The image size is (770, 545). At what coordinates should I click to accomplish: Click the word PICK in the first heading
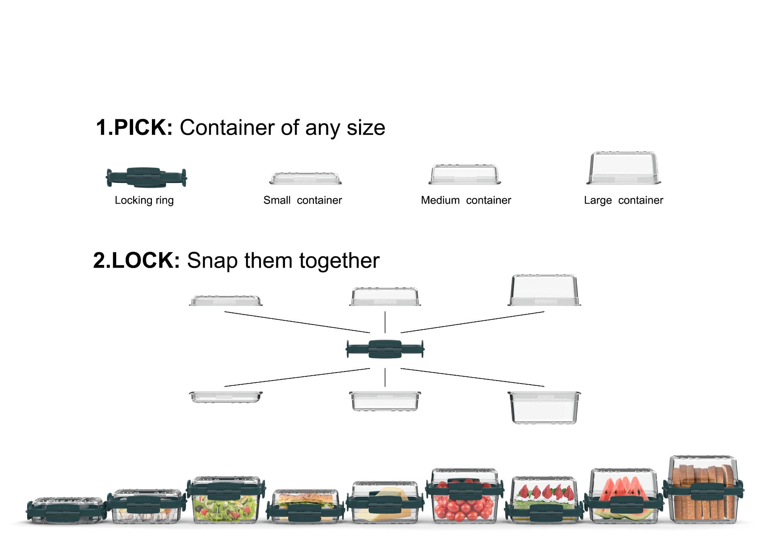[142, 128]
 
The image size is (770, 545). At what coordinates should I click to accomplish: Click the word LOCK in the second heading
[145, 260]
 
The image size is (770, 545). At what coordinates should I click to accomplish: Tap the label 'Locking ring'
[144, 200]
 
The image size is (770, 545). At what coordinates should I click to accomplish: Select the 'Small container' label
[302, 200]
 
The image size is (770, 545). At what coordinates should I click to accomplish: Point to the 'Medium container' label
[466, 200]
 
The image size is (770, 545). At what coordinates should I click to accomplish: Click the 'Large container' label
[623, 200]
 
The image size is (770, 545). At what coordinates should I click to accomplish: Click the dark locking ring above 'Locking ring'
[146, 177]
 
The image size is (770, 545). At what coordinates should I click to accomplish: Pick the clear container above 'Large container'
[623, 168]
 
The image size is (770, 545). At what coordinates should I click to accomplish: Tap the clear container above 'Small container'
[305, 178]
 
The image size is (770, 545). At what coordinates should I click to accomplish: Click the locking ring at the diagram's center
[385, 349]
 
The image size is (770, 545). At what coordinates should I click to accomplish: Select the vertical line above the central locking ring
[385, 322]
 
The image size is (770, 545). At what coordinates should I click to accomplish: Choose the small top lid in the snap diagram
[226, 301]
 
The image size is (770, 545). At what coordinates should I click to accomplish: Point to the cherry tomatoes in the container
[464, 506]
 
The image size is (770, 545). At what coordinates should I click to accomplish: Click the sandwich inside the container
[305, 499]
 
